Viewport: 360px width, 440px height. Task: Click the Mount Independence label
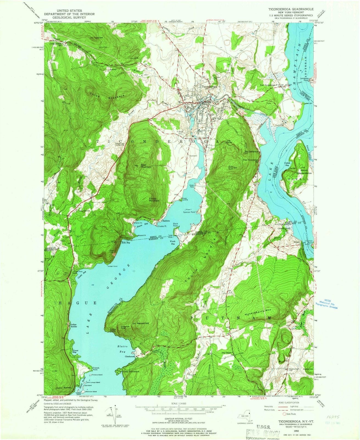click(304, 172)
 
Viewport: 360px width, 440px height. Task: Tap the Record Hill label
click(143, 323)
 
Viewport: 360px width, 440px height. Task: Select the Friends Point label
click(96, 369)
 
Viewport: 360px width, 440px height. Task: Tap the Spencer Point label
click(189, 212)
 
